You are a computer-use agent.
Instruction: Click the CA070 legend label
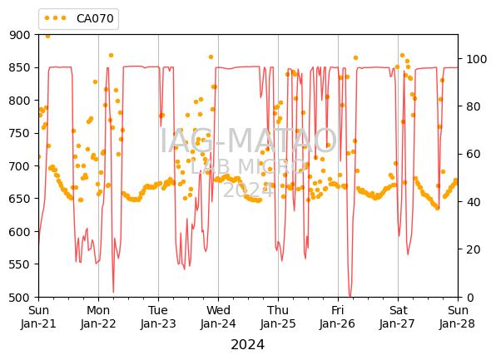click(x=95, y=18)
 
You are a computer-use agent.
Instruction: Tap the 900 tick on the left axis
click(x=20, y=35)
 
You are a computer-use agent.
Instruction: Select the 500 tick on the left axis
click(x=20, y=298)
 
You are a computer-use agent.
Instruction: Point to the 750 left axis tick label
click(x=20, y=133)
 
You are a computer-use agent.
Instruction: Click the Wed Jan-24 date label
click(x=218, y=317)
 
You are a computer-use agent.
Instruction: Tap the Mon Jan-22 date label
click(x=98, y=317)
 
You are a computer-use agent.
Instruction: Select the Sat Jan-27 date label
click(x=398, y=317)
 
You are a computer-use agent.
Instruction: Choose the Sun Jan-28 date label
click(x=458, y=317)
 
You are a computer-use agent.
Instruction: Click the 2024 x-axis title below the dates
click(x=248, y=345)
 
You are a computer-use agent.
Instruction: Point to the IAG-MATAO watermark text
click(x=248, y=141)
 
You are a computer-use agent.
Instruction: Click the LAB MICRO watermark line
click(x=248, y=166)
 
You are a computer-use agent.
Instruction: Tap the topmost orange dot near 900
click(x=47, y=37)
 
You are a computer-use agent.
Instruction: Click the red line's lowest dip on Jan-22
click(x=113, y=293)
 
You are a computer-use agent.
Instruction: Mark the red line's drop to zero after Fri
click(x=350, y=296)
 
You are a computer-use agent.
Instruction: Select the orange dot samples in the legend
click(x=56, y=18)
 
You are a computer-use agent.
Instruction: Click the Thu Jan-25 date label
click(x=278, y=317)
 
